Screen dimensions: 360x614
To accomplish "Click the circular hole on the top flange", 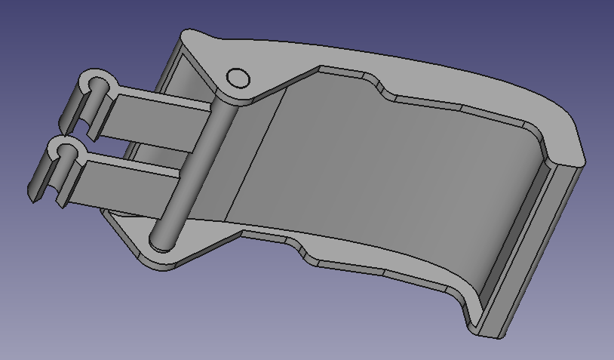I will [238, 78].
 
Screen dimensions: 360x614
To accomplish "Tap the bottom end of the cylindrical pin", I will [160, 242].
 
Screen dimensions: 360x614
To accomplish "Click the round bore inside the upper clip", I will [97, 83].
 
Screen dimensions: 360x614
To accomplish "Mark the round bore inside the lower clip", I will [66, 146].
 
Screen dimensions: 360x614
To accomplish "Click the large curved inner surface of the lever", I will [392, 174].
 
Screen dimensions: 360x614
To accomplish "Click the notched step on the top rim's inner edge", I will [377, 87].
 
